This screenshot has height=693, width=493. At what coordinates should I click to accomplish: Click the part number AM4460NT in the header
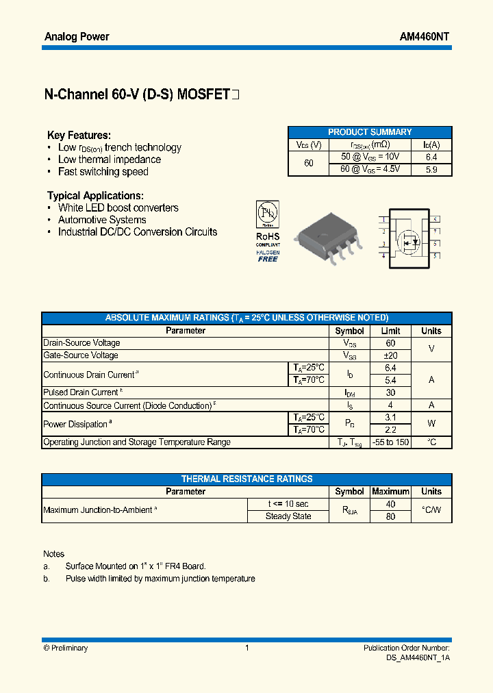[425, 37]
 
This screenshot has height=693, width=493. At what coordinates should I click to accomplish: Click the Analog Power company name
[77, 37]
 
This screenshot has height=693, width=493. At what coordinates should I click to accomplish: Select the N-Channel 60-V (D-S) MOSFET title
[137, 95]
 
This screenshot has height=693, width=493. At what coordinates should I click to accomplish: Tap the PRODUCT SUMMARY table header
[370, 132]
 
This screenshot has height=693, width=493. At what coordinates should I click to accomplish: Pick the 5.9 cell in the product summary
[431, 169]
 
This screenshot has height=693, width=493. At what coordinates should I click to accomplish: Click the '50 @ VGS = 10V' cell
[370, 157]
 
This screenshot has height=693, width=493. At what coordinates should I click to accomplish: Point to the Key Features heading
[79, 136]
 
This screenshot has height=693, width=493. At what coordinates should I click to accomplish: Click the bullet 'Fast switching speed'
[103, 172]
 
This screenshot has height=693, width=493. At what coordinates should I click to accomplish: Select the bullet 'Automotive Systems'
[102, 220]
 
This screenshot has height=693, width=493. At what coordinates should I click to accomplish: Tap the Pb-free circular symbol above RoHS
[267, 213]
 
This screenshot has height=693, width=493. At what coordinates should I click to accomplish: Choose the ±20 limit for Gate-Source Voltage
[390, 355]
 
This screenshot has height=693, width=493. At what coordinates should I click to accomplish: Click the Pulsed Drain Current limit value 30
[390, 392]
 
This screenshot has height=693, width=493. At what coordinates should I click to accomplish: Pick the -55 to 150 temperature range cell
[390, 442]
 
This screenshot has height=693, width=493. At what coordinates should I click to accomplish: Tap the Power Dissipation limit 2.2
[390, 430]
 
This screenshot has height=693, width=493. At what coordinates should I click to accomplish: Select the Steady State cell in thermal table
[288, 516]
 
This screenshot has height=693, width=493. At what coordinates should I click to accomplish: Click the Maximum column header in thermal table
[390, 492]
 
